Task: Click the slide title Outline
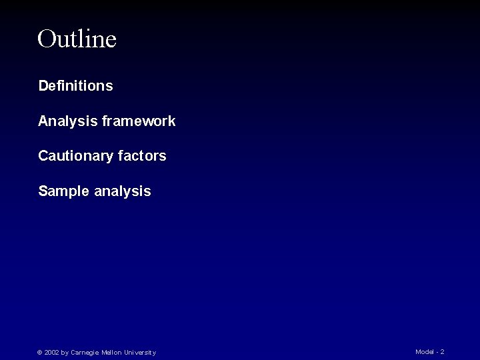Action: (x=77, y=39)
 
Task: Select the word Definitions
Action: (x=75, y=86)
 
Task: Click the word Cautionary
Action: (x=75, y=156)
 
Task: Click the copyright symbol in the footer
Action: (x=39, y=353)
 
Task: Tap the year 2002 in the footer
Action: (x=51, y=353)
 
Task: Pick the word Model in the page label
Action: (x=425, y=352)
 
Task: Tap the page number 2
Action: (x=442, y=352)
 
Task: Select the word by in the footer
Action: (x=65, y=353)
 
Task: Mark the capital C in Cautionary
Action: (x=43, y=156)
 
